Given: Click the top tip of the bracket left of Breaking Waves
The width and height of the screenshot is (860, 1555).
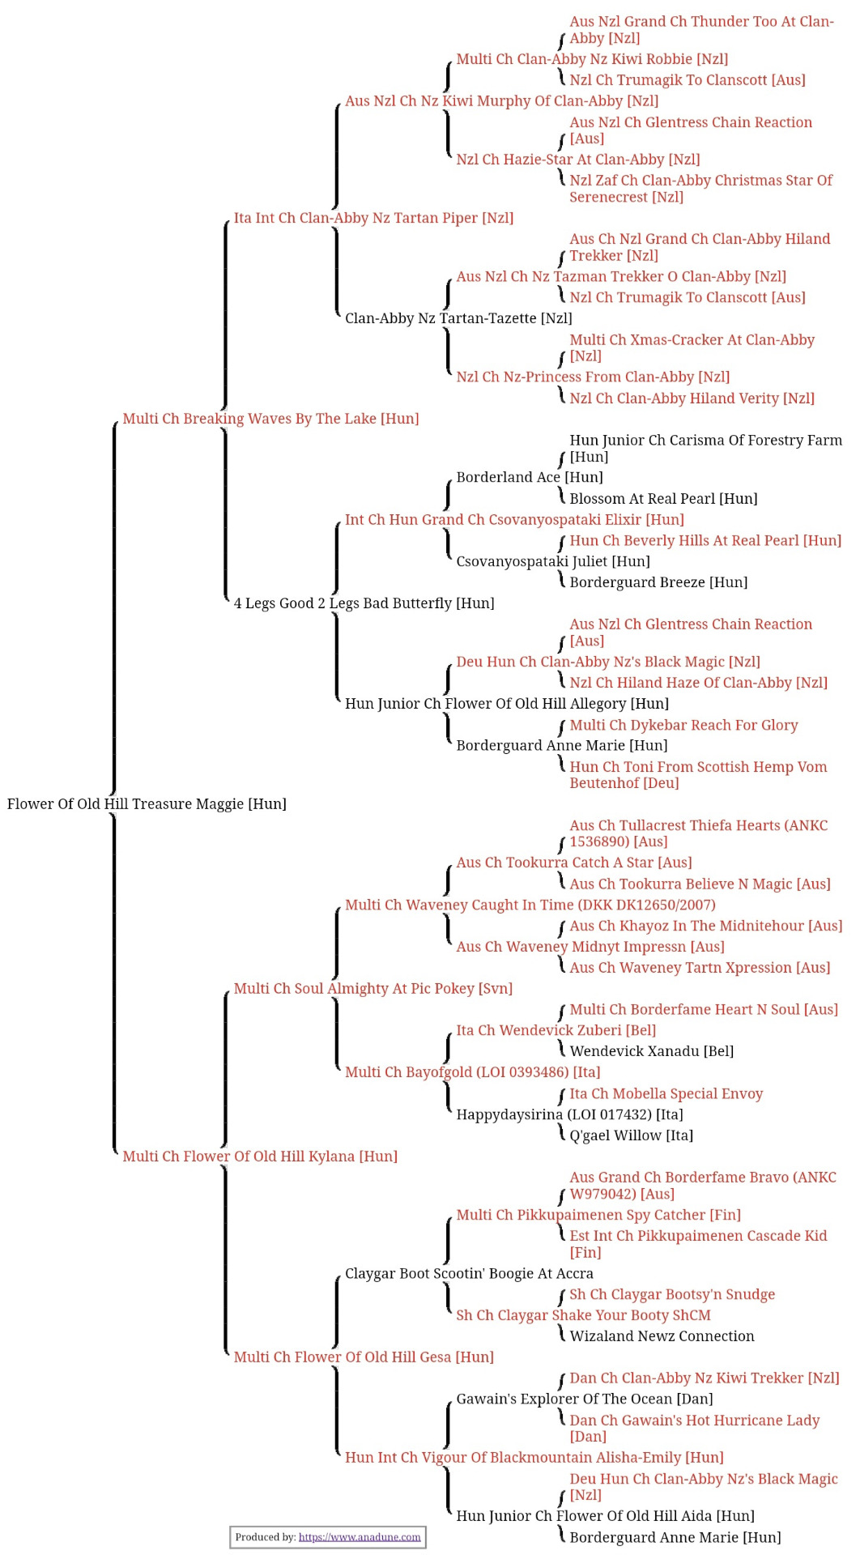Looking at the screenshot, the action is click(x=117, y=422).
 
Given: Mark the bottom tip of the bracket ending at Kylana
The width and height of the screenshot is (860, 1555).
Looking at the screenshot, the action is click(x=117, y=1152).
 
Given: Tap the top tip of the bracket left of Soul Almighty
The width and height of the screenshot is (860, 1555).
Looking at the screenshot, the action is click(x=228, y=991).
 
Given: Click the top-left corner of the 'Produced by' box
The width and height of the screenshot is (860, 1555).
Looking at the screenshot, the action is click(x=230, y=1527).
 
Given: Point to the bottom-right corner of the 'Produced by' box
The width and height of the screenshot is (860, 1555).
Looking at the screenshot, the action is click(x=426, y=1548).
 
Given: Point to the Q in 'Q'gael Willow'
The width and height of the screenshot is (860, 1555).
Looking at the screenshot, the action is click(x=575, y=1136).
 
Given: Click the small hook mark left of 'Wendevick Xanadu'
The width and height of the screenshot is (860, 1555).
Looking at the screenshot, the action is click(x=561, y=1049).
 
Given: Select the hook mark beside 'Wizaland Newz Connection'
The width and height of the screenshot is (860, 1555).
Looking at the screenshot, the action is click(x=561, y=1333).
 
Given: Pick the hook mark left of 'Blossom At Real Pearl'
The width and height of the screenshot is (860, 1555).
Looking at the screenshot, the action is click(x=561, y=496).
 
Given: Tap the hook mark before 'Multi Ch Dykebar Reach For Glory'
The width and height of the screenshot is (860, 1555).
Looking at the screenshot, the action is click(x=561, y=728).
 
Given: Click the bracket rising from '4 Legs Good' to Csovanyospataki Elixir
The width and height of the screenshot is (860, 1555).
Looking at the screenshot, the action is click(x=337, y=558).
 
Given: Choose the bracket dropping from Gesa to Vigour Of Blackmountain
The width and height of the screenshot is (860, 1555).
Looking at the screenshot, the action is click(x=337, y=1410).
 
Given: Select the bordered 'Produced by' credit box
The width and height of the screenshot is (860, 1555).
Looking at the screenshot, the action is click(x=328, y=1537).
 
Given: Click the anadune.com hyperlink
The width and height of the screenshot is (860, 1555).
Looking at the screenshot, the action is click(x=360, y=1537).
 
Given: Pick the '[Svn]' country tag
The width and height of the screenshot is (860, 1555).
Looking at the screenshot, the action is click(x=496, y=989).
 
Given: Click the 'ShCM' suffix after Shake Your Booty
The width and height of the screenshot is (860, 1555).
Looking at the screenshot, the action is click(x=692, y=1315).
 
